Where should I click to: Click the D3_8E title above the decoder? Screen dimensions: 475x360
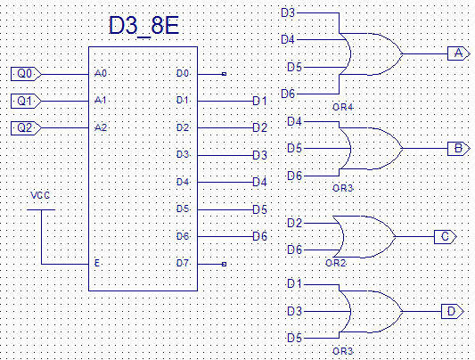click(x=143, y=26)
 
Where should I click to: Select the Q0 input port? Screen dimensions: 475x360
click(x=26, y=74)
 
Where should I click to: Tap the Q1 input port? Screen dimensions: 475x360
click(x=26, y=101)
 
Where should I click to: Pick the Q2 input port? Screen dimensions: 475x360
click(x=26, y=128)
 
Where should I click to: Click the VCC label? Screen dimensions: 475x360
click(x=40, y=195)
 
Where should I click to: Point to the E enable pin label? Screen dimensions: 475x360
click(x=97, y=263)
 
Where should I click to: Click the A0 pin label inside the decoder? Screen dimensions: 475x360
click(x=101, y=73)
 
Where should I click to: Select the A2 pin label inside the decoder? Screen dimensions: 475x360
click(x=101, y=127)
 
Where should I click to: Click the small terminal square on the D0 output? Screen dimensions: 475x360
click(x=225, y=74)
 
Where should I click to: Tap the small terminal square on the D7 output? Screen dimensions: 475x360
click(x=225, y=264)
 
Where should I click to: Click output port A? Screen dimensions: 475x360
click(x=459, y=53)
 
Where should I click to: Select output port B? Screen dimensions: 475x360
click(x=459, y=149)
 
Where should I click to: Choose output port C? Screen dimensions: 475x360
click(x=446, y=236)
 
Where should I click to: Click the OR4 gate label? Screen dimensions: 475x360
click(x=343, y=107)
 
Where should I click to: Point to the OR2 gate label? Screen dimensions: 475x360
click(x=336, y=263)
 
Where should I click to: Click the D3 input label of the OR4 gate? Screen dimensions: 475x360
click(x=288, y=13)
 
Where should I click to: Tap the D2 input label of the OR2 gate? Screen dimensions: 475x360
click(x=295, y=223)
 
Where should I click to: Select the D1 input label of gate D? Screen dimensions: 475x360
click(x=294, y=284)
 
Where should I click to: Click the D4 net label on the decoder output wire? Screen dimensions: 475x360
click(x=260, y=183)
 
